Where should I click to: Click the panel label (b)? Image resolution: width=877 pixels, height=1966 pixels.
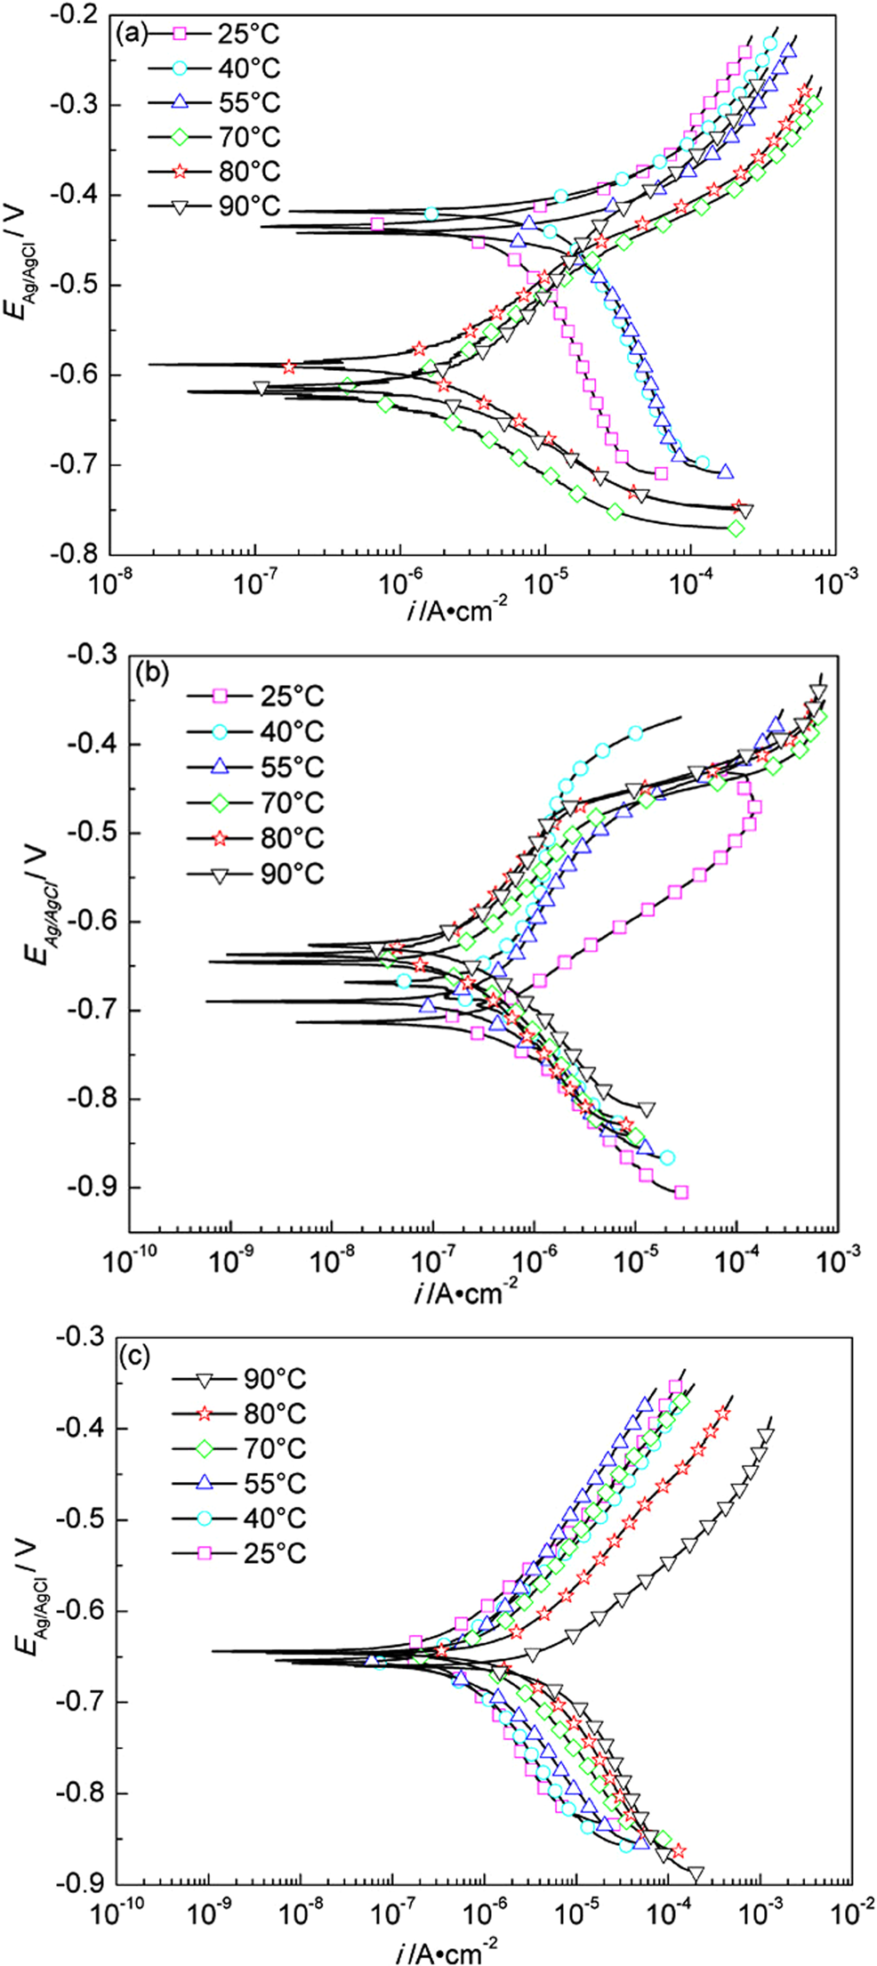150,673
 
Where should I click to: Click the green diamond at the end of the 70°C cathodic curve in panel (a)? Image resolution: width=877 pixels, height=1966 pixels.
736,528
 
